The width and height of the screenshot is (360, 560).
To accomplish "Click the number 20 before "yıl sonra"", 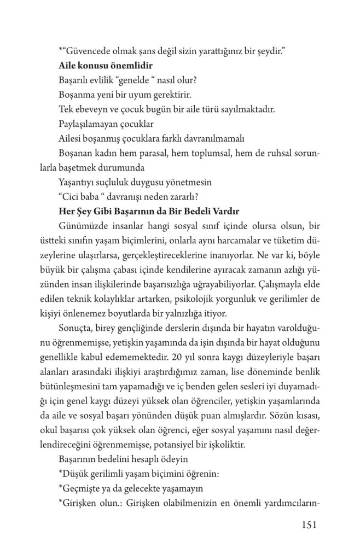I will [x=176, y=358].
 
